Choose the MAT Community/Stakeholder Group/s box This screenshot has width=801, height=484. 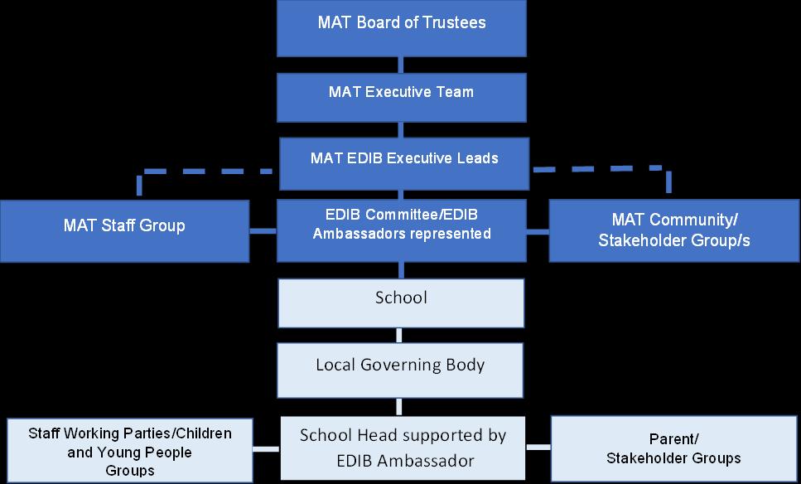click(673, 231)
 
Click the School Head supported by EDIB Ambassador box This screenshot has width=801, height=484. click(403, 448)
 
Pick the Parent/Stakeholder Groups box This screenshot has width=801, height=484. click(673, 448)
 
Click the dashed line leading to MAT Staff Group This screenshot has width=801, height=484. click(207, 172)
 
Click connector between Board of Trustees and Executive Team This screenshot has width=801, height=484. click(401, 65)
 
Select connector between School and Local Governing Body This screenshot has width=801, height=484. click(401, 335)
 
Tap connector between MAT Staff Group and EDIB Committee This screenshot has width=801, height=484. click(263, 231)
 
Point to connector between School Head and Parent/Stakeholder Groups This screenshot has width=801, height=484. click(538, 448)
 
